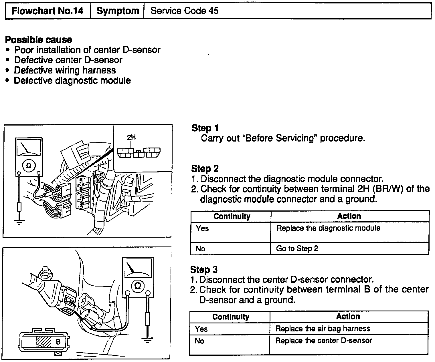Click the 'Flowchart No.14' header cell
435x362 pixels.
tap(48, 11)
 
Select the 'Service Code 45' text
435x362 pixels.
tap(184, 11)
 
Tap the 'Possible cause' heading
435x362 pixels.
tap(39, 40)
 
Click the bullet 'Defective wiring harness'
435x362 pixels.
tap(65, 70)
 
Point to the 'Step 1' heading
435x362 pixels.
tap(205, 128)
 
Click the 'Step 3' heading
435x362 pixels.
tap(204, 270)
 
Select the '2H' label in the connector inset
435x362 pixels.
tap(131, 137)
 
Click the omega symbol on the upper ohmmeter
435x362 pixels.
tap(29, 166)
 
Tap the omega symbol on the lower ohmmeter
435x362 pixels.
tap(138, 285)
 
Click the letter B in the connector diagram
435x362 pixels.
tap(58, 342)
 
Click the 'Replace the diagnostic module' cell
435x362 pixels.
tap(328, 228)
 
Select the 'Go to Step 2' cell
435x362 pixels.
tap(297, 248)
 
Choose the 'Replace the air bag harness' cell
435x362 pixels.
tap(323, 329)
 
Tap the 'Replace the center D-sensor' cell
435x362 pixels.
tap(324, 341)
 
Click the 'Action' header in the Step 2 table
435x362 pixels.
tap(349, 216)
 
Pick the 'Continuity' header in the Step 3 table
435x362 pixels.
tap(230, 317)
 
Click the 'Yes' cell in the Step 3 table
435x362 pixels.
tap(201, 329)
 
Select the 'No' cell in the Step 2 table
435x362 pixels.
tap(200, 248)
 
